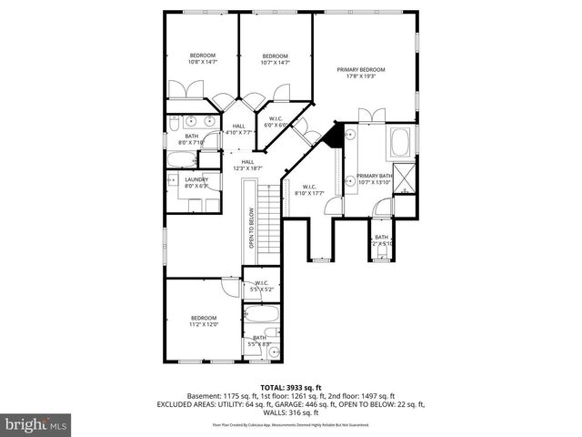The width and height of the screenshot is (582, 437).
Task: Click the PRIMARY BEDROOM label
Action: coord(360,73)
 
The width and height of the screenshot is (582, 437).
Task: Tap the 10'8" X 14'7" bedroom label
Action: coord(202,59)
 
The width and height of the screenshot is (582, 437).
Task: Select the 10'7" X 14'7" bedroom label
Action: coord(275,59)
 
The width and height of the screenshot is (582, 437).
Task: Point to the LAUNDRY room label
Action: coord(197,182)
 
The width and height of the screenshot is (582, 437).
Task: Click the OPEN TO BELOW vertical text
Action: coord(252,229)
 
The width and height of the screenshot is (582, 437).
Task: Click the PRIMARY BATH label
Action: coord(374,178)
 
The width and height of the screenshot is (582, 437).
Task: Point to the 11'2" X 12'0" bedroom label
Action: coord(204,320)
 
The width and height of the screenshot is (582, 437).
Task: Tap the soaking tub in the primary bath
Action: coord(400,143)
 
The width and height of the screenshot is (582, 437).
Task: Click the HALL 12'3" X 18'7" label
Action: coord(247,165)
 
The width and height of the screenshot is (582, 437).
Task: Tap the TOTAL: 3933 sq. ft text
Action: coord(290,386)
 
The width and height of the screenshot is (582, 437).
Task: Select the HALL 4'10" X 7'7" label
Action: coord(238,129)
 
